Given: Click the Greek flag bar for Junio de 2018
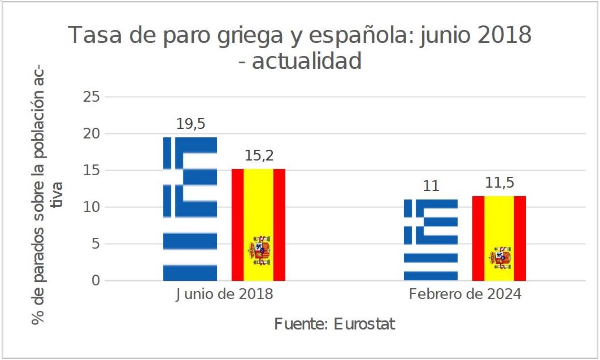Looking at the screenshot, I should coord(190,209).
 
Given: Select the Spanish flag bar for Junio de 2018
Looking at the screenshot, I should coord(258,224).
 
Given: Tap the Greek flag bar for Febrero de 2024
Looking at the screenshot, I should coord(431,240).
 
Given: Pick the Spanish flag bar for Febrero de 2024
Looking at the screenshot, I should coord(499,238).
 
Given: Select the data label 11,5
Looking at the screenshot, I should coord(499,184).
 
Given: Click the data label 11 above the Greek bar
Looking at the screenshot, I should coord(431,186).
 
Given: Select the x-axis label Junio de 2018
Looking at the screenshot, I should coord(224,295).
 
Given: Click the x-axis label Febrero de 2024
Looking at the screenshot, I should coord(465,295).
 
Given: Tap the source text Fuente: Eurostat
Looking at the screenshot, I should coord(334,325).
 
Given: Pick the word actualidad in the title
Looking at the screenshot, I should coord(307,61).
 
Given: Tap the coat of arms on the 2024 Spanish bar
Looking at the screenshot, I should coord(500,258).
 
